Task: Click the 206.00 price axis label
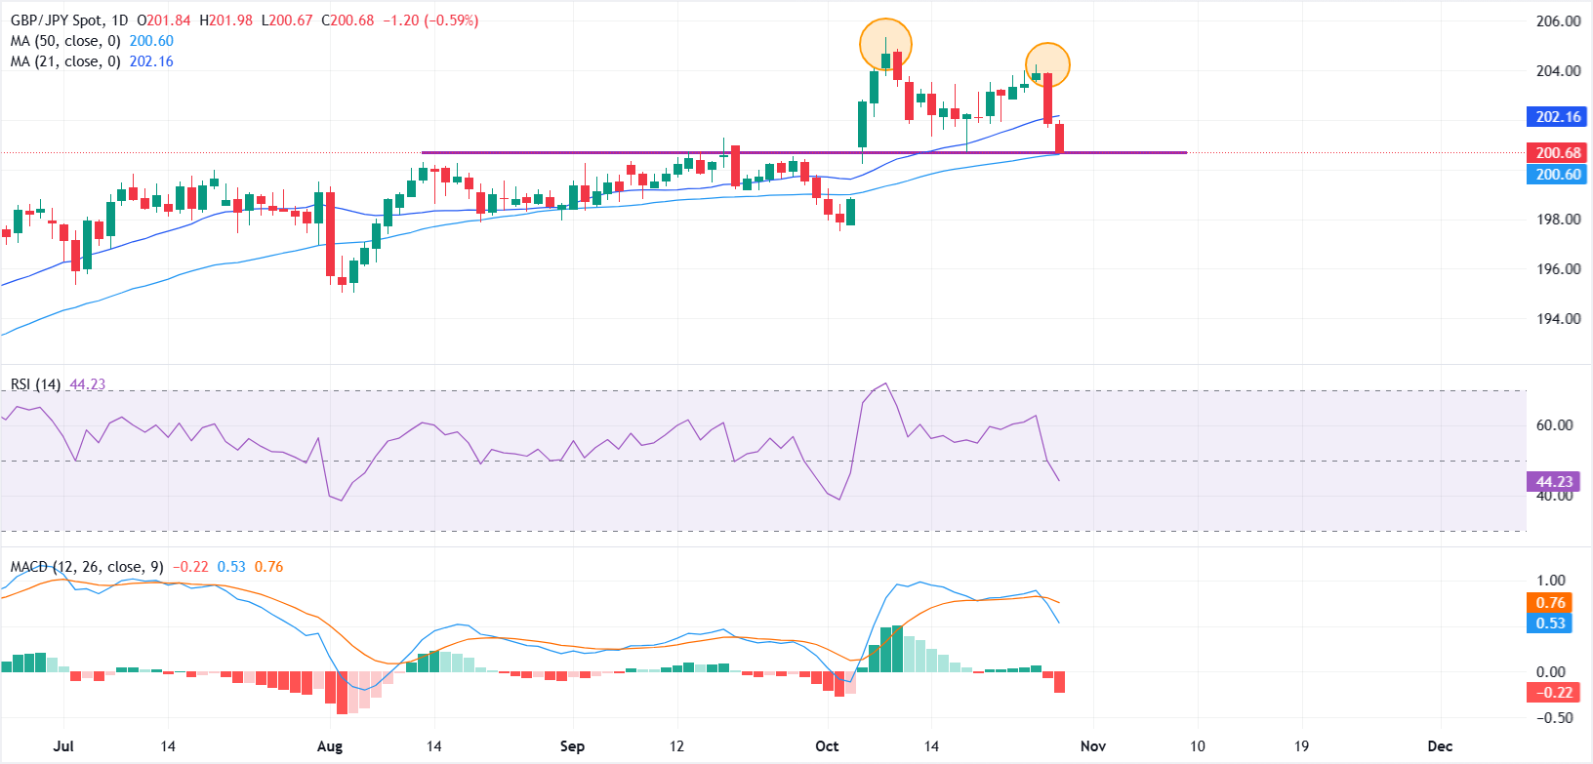tap(1558, 21)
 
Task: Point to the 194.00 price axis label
tap(1558, 319)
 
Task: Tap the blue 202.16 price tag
tap(1558, 117)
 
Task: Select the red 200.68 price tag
tap(1558, 153)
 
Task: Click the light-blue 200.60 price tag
tap(1558, 175)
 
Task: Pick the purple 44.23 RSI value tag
tap(1554, 482)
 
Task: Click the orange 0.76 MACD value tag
tap(1550, 603)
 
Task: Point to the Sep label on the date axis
tap(572, 746)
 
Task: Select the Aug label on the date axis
tap(330, 746)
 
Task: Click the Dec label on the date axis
tap(1440, 746)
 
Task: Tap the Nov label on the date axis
tap(1093, 746)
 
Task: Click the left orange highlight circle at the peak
tap(885, 44)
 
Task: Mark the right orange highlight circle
tap(1047, 65)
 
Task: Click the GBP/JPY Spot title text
tap(56, 20)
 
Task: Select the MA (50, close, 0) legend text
tap(65, 41)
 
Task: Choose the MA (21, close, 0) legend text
tap(65, 61)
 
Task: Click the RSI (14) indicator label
tap(36, 384)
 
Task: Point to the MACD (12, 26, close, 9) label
tap(87, 567)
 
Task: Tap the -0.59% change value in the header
tap(451, 20)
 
